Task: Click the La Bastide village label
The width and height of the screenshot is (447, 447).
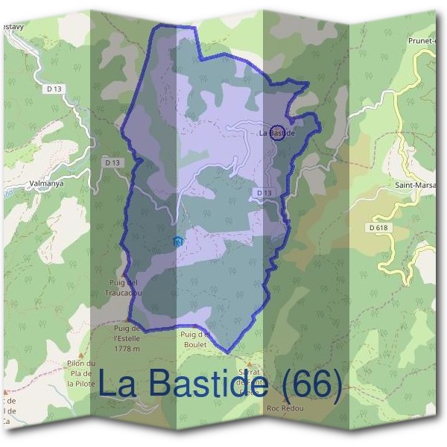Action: (276, 133)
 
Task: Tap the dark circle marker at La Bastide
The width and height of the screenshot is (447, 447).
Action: (276, 133)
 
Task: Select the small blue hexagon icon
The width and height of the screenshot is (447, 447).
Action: (177, 241)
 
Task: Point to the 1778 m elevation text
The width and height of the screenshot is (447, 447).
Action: (129, 349)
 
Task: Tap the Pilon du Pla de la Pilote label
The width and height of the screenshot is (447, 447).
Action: (83, 371)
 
